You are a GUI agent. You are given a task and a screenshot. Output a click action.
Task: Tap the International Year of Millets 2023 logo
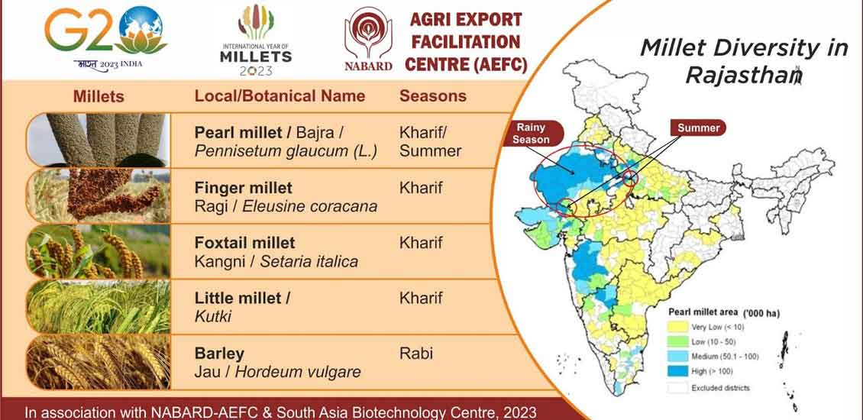coord(256,40)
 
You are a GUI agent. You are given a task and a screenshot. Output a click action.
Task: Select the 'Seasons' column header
coord(433,95)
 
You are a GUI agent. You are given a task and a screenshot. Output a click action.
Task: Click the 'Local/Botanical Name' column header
coord(280,95)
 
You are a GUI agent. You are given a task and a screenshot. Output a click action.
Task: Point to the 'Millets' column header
coord(99,97)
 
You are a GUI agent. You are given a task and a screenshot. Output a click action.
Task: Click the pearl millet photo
coord(99,140)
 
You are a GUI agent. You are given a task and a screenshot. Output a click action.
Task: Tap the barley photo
coord(99,362)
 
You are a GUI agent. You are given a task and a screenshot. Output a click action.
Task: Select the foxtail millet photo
coord(99,251)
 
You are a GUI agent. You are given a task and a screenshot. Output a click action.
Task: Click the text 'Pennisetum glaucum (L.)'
coord(286,151)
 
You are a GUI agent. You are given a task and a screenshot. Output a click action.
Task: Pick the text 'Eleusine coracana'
coord(310,206)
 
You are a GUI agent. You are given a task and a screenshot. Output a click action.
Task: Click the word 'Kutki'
coord(212,316)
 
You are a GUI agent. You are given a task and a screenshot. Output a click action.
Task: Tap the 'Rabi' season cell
coord(416,353)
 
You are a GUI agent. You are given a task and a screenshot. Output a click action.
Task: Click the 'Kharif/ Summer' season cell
coord(431,142)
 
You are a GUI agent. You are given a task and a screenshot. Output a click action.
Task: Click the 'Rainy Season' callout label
coord(532,134)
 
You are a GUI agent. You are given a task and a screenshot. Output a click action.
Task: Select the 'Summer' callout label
coord(699,128)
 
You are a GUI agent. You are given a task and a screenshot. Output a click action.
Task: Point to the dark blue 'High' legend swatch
coord(678,372)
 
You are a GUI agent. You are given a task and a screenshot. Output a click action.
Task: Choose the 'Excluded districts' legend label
coord(720,387)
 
